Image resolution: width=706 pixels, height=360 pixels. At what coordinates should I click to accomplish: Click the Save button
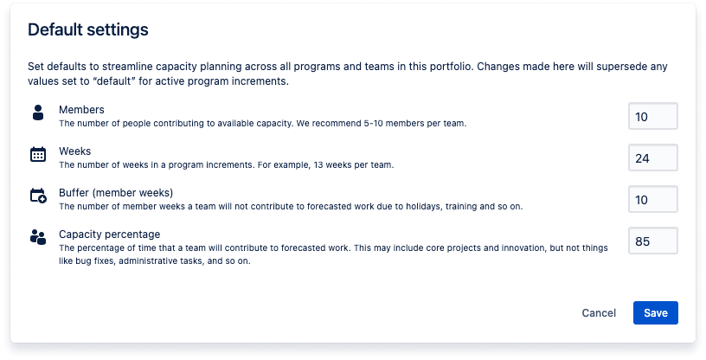coord(655,312)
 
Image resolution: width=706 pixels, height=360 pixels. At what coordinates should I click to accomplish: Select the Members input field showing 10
coord(653,116)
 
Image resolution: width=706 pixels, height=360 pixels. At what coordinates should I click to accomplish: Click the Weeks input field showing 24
coord(653,157)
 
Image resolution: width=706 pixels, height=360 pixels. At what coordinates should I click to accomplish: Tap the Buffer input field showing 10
coord(653,199)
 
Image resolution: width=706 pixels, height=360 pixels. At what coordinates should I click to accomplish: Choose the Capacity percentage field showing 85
coord(653,241)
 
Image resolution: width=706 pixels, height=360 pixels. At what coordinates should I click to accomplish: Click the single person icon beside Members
coord(38,112)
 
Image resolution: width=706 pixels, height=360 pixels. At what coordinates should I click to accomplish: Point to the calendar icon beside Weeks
coord(38,154)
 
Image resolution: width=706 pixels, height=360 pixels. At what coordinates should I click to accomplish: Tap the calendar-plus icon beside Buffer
coord(38,196)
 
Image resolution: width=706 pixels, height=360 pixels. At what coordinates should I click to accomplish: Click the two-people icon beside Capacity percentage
coord(38,237)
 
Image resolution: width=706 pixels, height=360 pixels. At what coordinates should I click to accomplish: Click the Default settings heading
coord(87,29)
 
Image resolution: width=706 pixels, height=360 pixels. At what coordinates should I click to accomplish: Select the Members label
coord(81,110)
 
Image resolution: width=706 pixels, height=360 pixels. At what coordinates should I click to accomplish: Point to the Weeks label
coord(74,151)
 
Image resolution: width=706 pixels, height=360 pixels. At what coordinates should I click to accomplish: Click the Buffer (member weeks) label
coord(116,193)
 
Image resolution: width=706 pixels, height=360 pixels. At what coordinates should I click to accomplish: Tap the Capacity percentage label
coord(109,235)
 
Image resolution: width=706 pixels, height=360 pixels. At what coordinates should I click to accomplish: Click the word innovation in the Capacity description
coord(470,247)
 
